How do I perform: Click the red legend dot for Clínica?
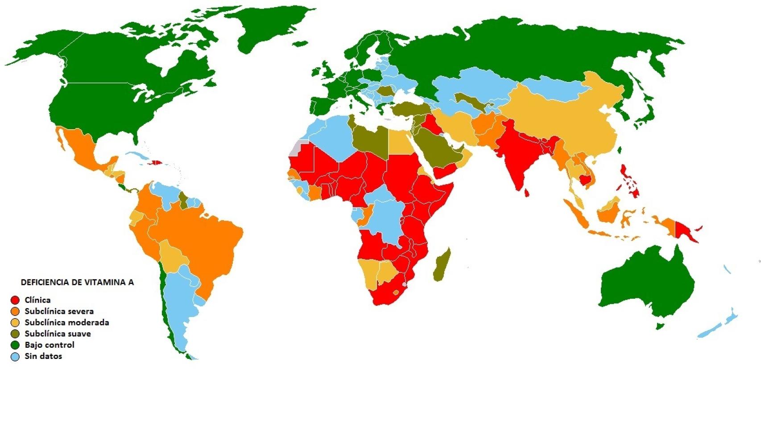click(x=15, y=300)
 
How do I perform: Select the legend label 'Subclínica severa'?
click(x=59, y=311)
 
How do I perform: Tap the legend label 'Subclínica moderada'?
click(x=66, y=322)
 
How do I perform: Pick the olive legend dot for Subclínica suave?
click(x=15, y=334)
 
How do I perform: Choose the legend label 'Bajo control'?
click(x=50, y=345)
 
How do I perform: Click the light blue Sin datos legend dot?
click(x=15, y=356)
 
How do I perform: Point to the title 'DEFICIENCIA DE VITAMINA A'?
click(x=77, y=282)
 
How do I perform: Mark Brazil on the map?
click(x=205, y=241)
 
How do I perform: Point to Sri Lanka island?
click(x=527, y=193)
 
